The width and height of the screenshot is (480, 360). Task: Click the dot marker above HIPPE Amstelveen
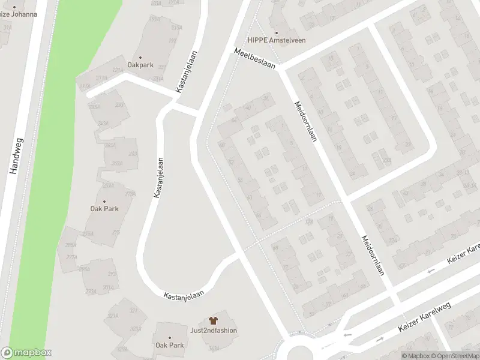pos(277,32)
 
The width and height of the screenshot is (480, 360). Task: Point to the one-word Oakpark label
pos(140,65)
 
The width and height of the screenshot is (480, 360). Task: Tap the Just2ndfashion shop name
pos(213,331)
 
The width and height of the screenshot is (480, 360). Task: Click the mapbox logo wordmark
pos(26,353)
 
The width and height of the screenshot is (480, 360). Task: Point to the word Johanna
pos(22,14)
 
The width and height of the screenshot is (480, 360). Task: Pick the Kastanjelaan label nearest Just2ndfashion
pos(184,294)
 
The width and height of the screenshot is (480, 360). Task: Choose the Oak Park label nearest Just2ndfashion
pos(170,345)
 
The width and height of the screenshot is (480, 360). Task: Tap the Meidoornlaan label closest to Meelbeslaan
pos(305,120)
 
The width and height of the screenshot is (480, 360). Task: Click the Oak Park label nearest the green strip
pos(104,209)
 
